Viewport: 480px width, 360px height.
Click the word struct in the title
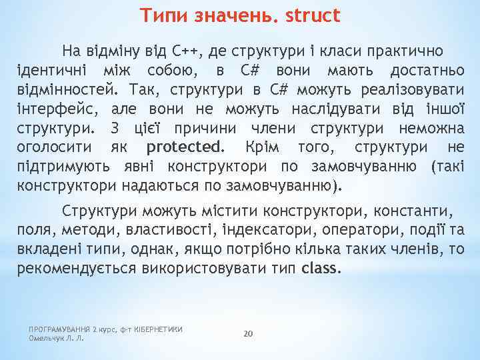[x=313, y=15]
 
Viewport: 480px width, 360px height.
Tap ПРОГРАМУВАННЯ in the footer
[x=59, y=329]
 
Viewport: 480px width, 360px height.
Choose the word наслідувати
[x=326, y=109]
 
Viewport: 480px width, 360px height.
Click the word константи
[x=414, y=211]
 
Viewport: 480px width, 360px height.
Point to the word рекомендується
[x=75, y=269]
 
